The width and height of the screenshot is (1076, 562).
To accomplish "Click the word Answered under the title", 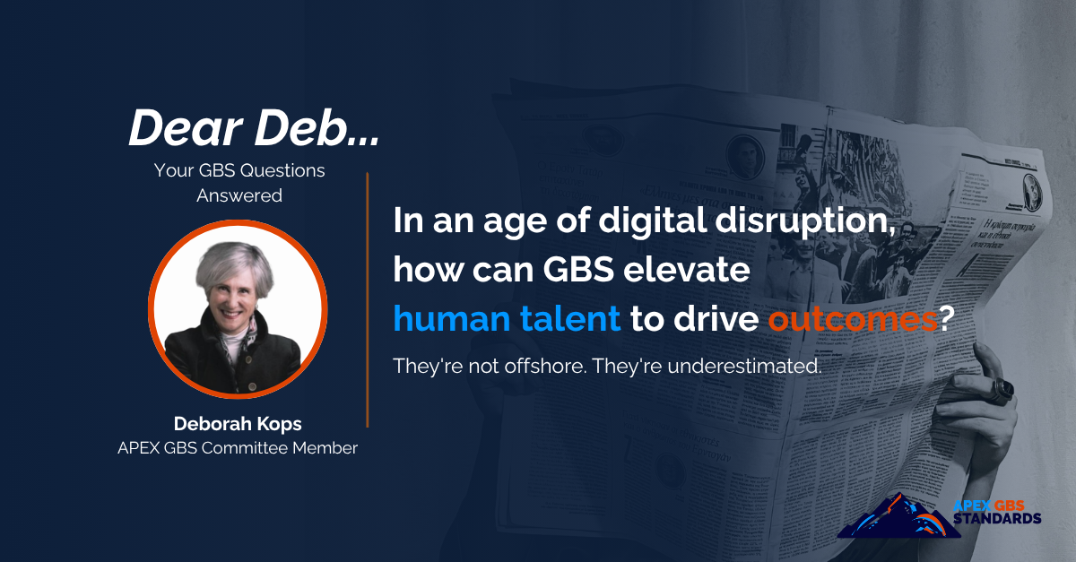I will (239, 195).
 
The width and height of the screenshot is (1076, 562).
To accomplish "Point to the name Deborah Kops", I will (238, 422).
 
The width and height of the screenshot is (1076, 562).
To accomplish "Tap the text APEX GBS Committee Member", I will (238, 448).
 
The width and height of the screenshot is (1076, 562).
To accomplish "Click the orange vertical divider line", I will (368, 300).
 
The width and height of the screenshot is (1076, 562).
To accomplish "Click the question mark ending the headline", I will (945, 318).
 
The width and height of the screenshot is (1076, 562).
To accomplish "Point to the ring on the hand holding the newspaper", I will (1002, 388).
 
